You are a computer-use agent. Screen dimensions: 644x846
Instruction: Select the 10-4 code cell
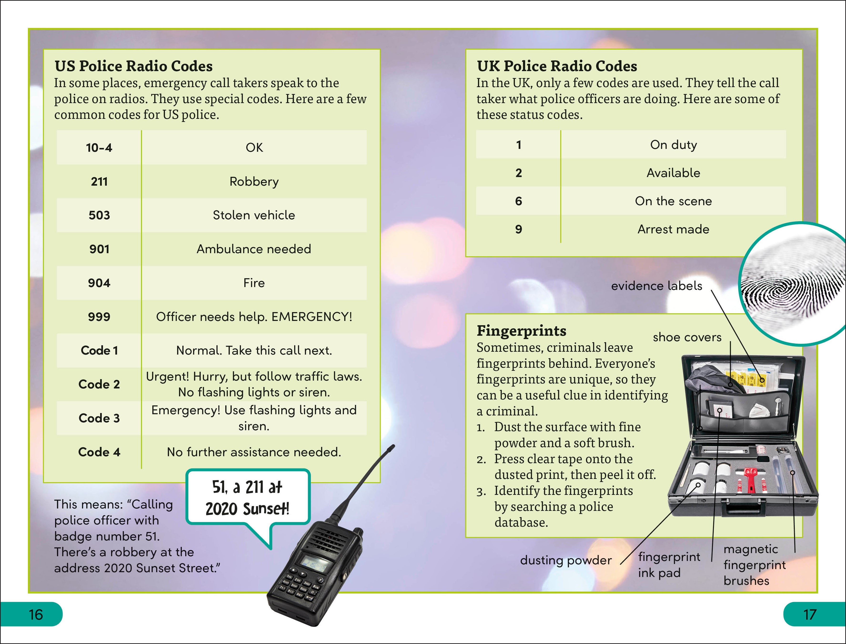click(x=99, y=148)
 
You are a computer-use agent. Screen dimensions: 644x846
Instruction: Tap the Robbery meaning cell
click(x=254, y=181)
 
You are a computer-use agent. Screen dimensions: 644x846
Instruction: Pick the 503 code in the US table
click(x=99, y=215)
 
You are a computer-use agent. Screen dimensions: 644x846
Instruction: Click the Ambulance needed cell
click(x=254, y=249)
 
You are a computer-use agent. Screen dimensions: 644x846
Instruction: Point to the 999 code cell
click(x=99, y=317)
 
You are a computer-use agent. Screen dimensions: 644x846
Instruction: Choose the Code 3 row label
click(x=99, y=418)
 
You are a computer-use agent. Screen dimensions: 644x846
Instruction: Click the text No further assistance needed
click(x=254, y=452)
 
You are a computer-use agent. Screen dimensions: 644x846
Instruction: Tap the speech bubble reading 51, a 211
click(x=247, y=497)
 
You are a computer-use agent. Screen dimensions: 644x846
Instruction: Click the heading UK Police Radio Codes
click(x=557, y=66)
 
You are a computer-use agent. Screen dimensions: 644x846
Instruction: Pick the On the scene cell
click(x=673, y=201)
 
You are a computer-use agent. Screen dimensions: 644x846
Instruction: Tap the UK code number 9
click(x=518, y=229)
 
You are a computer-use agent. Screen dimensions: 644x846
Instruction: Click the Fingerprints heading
click(x=521, y=331)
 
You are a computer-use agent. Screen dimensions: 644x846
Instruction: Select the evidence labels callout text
click(x=656, y=286)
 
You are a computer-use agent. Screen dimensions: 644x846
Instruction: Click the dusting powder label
click(x=566, y=560)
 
